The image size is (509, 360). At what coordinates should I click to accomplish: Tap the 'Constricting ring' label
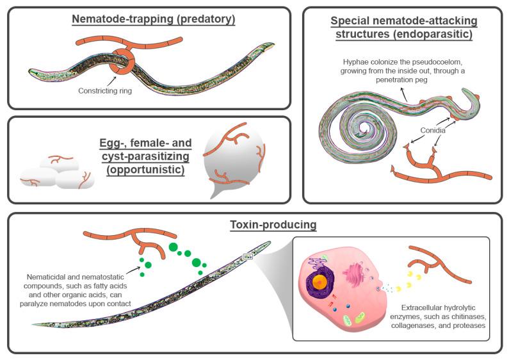pyautogui.click(x=104, y=90)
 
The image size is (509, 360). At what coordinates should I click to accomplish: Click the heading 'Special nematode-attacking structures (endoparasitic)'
pyautogui.click(x=403, y=27)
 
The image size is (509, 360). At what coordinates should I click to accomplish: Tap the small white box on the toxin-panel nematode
pyautogui.click(x=248, y=257)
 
